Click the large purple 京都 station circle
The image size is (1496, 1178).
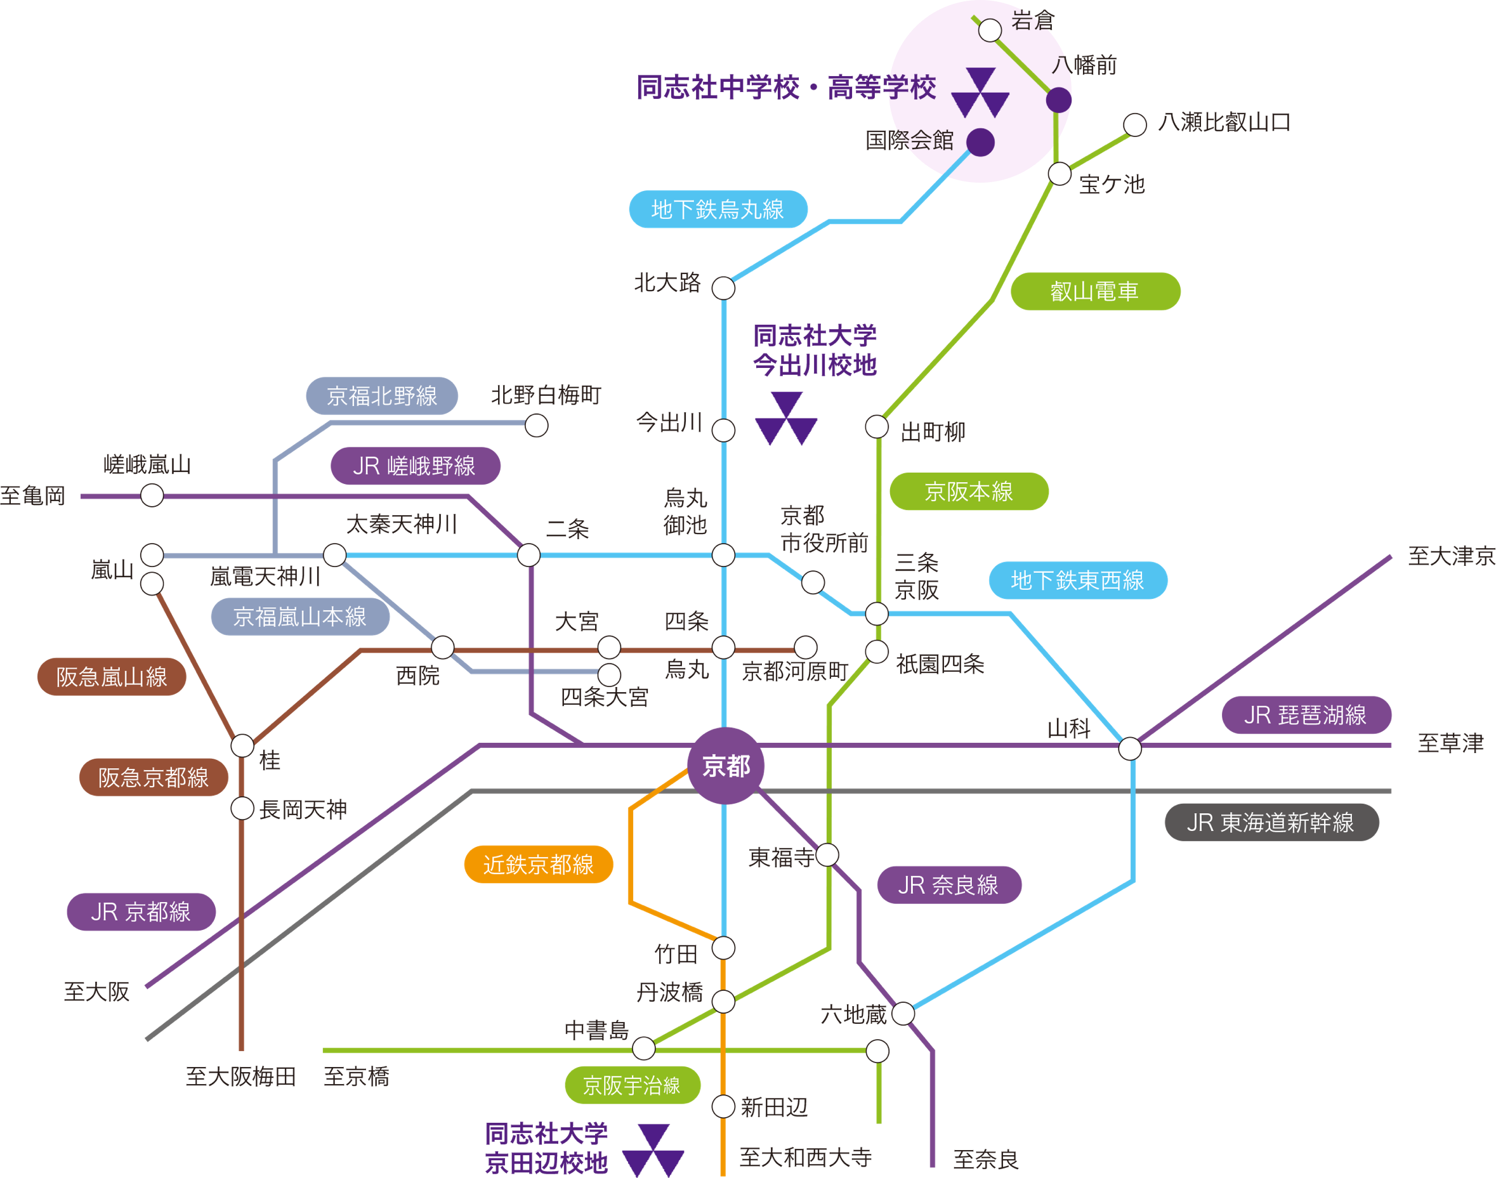click(726, 766)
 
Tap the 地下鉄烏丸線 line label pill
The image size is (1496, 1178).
click(718, 209)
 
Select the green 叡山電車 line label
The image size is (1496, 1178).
click(1094, 291)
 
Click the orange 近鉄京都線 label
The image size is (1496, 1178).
click(538, 864)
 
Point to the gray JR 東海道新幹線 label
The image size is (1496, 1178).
click(1271, 822)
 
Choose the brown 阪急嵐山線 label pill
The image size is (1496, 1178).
click(112, 677)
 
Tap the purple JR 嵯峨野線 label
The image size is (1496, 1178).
click(414, 466)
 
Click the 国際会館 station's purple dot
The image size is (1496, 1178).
click(980, 142)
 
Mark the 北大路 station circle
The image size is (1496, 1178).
click(723, 288)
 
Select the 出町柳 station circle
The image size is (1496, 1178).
click(877, 427)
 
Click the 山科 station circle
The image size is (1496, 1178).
click(1130, 749)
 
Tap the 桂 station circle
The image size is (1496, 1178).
click(242, 745)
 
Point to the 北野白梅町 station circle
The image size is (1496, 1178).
click(537, 426)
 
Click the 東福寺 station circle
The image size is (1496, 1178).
click(827, 855)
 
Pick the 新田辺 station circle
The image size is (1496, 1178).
click(723, 1107)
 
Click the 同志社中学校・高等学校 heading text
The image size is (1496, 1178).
click(785, 88)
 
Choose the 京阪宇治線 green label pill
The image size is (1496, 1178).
click(633, 1085)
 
